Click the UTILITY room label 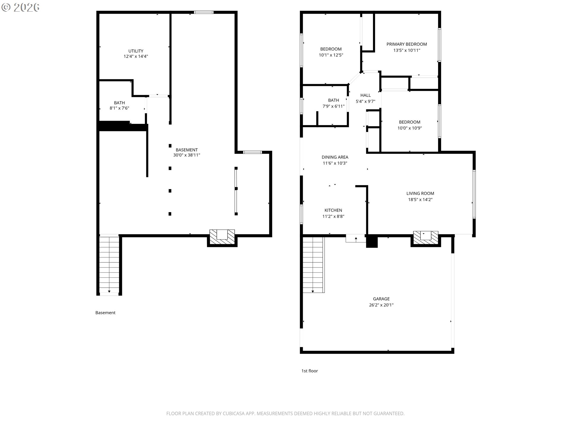tap(136, 51)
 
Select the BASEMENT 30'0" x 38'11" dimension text tap(186, 155)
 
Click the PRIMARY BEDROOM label tap(407, 44)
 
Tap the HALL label tap(365, 95)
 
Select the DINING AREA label tap(335, 157)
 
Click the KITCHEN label tap(333, 210)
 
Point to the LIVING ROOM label tap(420, 193)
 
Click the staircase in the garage tap(313, 265)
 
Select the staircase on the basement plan tap(109, 265)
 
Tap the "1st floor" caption tap(310, 371)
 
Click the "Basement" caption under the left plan tap(105, 313)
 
